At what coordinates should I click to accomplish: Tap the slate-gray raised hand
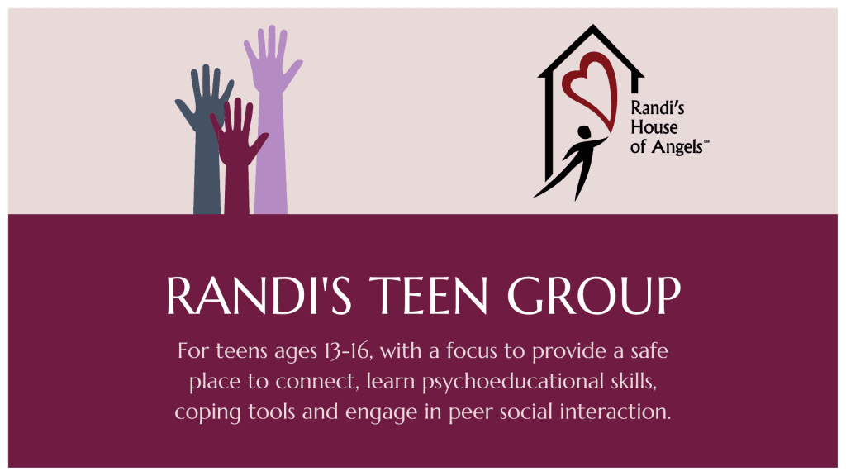point(206,135)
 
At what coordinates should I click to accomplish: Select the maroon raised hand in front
point(237,156)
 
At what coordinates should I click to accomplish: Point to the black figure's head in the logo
point(584,132)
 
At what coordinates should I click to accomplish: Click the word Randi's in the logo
point(658,108)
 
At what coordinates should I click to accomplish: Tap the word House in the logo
point(654,127)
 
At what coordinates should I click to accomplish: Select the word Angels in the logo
point(677,147)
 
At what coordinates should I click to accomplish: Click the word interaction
point(615,412)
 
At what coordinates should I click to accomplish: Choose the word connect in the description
point(316,382)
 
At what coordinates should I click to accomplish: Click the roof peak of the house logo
point(592,26)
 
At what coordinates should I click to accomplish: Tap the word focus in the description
point(471,350)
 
